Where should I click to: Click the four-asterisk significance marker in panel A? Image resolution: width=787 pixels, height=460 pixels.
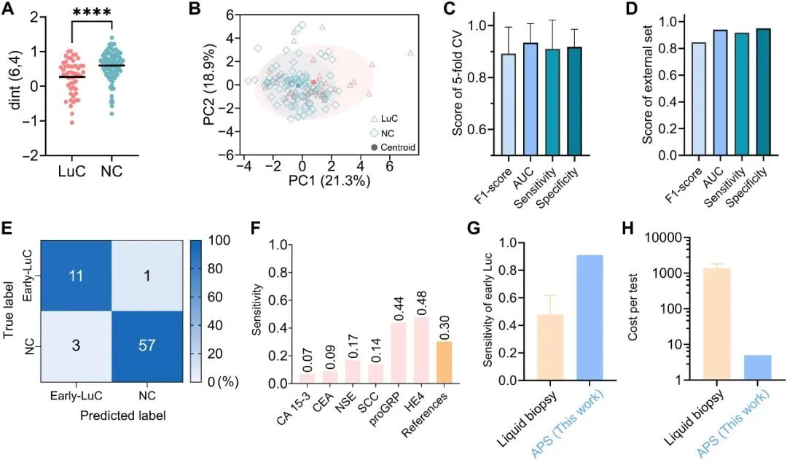tap(91, 12)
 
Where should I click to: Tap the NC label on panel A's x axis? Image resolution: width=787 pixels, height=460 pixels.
tap(111, 171)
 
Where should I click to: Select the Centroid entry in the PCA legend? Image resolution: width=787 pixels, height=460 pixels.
tap(393, 147)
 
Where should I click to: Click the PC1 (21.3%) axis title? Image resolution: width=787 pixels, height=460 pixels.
tap(329, 180)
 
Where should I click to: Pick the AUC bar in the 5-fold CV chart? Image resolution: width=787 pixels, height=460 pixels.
tap(530, 99)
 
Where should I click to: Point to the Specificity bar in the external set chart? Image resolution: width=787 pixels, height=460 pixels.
tap(764, 92)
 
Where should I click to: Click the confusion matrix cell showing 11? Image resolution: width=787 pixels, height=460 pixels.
tap(76, 276)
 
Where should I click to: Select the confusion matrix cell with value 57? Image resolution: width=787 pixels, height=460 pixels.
tap(146, 346)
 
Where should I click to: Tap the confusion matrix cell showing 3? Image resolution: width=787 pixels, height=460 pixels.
tap(76, 346)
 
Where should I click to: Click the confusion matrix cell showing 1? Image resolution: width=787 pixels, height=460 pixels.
tap(146, 276)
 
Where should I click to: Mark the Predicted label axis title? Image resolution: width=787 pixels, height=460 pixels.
tap(123, 416)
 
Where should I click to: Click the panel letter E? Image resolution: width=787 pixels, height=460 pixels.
tap(7, 231)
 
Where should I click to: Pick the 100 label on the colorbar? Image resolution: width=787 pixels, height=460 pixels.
tap(219, 241)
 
